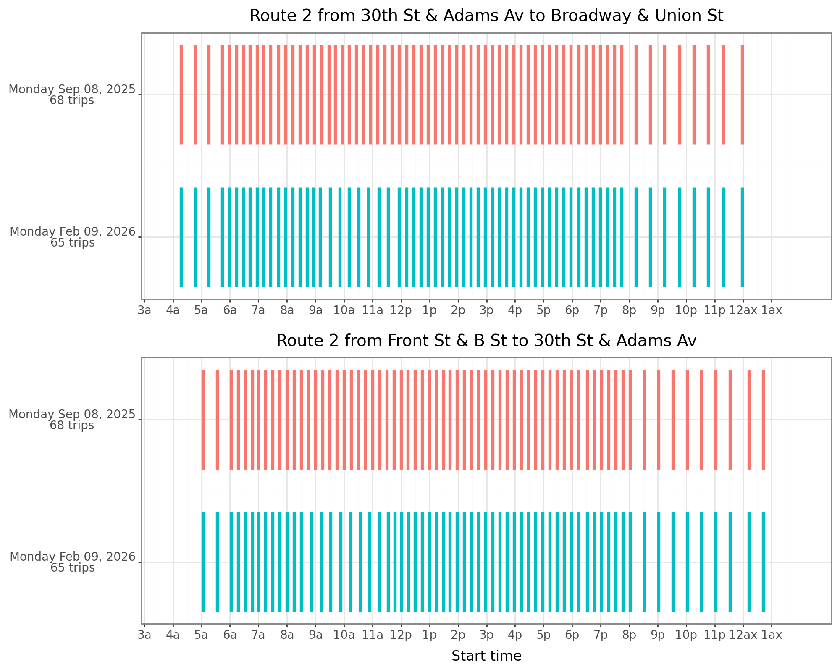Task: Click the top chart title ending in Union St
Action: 486,16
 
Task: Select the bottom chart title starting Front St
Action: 486,341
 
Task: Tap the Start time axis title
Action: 486,656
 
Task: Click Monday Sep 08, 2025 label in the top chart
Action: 72,89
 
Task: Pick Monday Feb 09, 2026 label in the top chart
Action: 73,232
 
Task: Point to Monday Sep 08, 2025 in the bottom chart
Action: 72,414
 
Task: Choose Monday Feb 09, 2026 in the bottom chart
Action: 73,556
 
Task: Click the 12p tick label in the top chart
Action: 401,311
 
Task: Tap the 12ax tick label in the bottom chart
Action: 743,635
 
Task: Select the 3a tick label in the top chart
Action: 144,311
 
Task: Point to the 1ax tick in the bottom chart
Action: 772,635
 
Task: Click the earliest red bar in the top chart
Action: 181,94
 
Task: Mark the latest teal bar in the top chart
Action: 742,237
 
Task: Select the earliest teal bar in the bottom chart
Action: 203,562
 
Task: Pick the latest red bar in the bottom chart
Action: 763,419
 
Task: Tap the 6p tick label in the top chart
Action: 572,311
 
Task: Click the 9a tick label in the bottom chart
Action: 315,635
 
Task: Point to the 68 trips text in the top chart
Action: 72,101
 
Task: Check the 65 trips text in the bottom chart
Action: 73,568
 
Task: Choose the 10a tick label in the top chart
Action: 344,311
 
